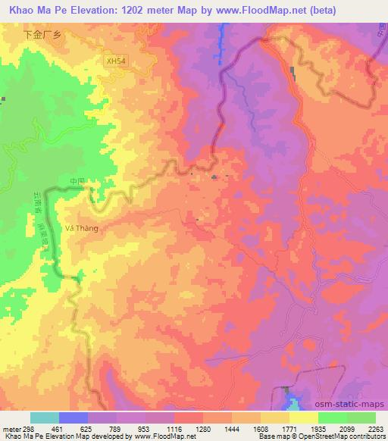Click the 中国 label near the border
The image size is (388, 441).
(x=77, y=182)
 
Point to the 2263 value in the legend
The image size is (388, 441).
(x=377, y=428)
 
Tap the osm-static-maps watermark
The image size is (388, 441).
(x=356, y=402)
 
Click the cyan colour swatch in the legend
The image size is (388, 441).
(x=45, y=418)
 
